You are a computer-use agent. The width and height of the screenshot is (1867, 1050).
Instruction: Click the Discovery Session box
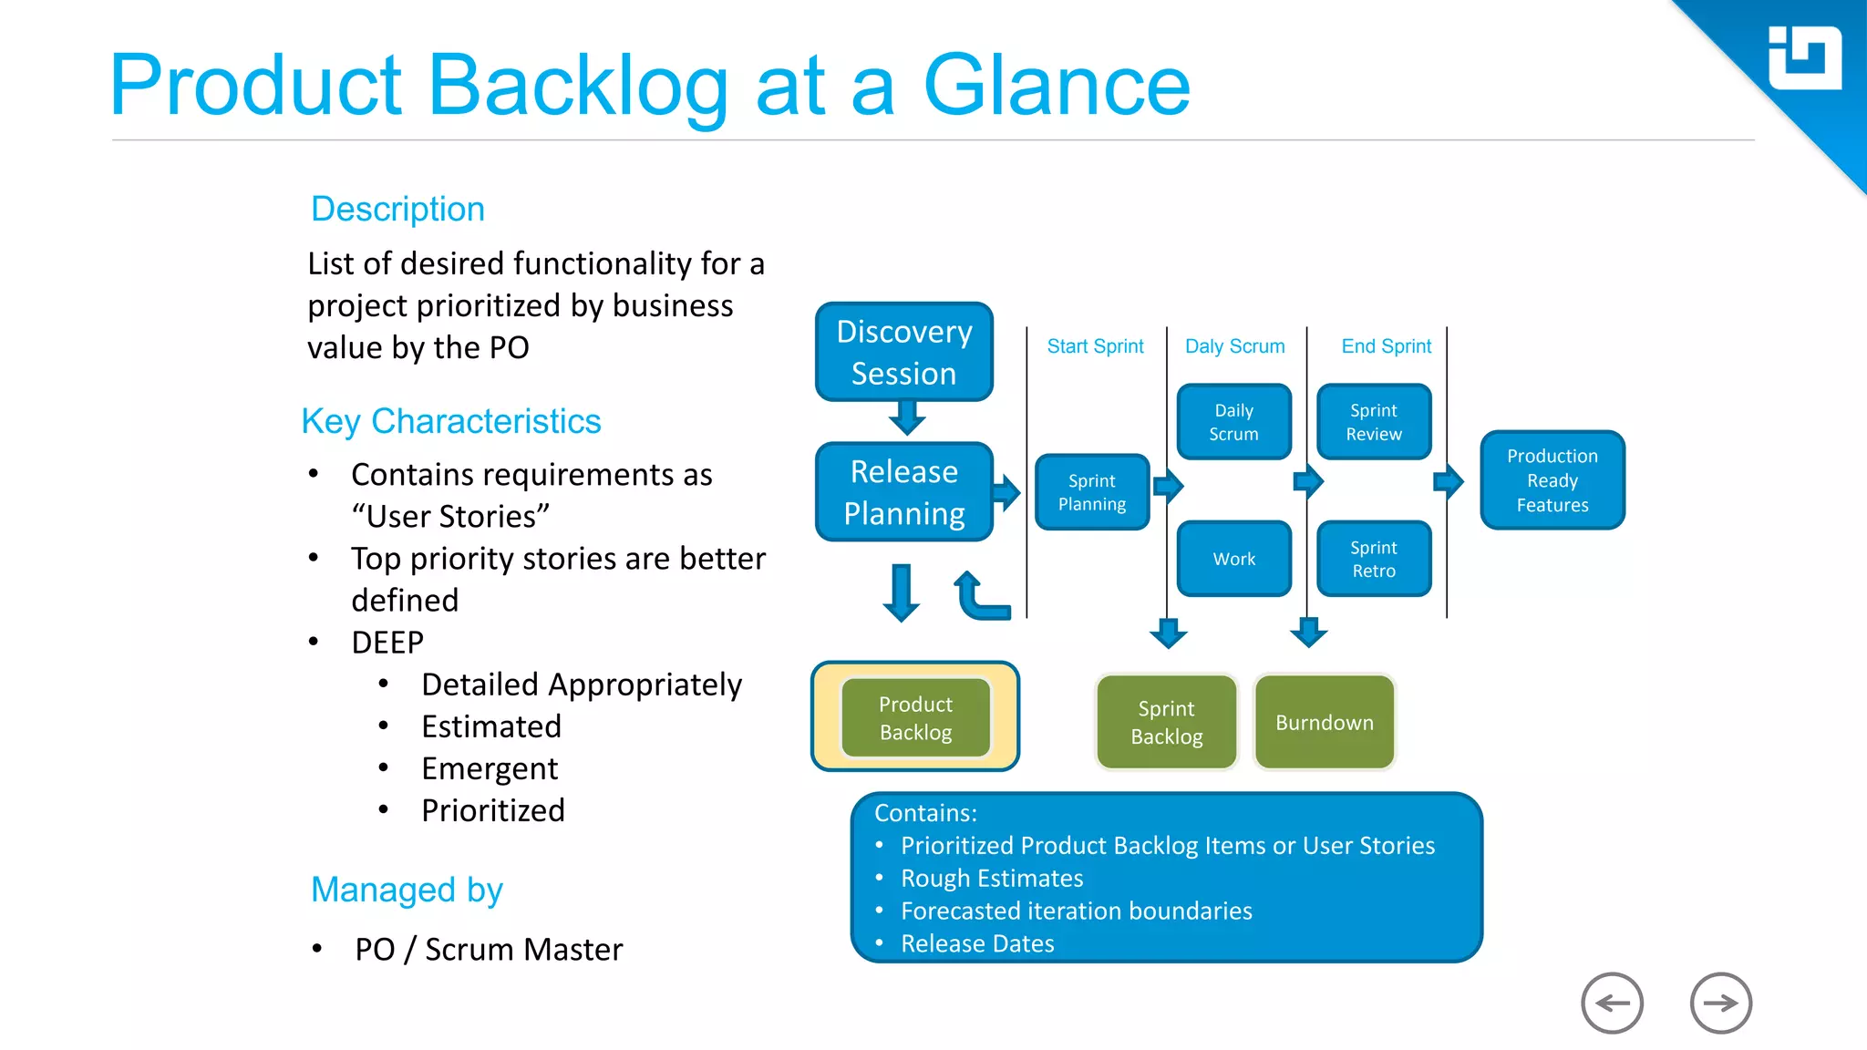903,352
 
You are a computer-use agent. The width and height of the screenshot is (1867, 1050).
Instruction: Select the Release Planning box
903,492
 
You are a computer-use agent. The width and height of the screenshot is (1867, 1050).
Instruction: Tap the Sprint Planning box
1091,492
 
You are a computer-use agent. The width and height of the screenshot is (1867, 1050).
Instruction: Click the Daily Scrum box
1233,422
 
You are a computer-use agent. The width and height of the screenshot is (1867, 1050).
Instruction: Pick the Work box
1233,559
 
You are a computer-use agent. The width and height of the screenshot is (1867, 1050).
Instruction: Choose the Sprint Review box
1374,422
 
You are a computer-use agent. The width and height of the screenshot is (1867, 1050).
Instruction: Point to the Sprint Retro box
1374,559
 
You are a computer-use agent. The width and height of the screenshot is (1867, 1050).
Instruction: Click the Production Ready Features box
1552,480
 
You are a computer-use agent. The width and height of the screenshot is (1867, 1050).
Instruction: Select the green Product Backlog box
915,718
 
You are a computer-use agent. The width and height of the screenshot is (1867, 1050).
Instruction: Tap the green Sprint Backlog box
1166,722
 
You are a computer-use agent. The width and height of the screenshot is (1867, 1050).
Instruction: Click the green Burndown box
1324,722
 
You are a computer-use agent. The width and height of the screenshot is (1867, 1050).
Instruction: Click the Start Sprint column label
1095,346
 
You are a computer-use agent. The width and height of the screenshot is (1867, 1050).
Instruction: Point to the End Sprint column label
1386,346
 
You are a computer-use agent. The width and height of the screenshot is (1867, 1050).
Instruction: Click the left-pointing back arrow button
1612,1003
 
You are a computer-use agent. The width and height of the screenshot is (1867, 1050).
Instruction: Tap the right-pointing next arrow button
1720,1003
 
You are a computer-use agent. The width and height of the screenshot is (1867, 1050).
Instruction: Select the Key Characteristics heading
451,421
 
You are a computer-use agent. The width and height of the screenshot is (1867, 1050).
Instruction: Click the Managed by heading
407,890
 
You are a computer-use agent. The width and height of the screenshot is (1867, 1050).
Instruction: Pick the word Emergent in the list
489,768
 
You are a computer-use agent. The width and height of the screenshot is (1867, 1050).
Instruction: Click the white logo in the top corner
1804,58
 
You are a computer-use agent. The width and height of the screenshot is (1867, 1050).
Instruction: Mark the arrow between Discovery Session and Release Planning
907,418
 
